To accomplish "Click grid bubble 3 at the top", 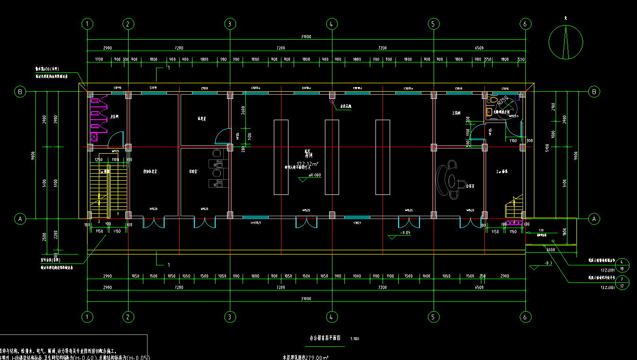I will pos(229,23).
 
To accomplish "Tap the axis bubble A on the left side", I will pos(20,219).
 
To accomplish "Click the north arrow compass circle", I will pos(565,42).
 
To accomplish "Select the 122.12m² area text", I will pos(308,164).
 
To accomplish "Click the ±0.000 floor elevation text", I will pos(314,175).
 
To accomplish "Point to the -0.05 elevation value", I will pos(405,233).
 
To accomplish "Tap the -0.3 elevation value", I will pos(549,263).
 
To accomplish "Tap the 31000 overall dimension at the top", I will pos(305,37).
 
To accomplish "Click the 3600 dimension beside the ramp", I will pos(550,249).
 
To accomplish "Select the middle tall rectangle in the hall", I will pos(332,157).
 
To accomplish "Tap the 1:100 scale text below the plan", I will pos(355,339).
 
